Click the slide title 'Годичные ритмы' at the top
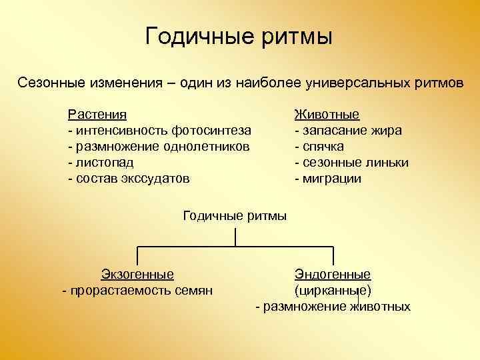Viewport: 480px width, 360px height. [239, 36]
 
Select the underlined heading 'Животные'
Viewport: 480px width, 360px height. [327, 114]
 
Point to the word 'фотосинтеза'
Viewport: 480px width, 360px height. [211, 130]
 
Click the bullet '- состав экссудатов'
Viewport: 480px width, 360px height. [129, 178]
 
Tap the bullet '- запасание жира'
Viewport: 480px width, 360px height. [348, 130]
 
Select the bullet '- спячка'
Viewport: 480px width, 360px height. [319, 146]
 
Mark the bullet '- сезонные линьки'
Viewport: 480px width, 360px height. [351, 162]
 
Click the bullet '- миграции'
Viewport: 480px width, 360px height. [327, 178]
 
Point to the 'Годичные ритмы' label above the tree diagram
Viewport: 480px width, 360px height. [235, 215]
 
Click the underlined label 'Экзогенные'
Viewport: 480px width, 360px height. [137, 274]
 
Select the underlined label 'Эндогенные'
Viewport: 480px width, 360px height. [333, 274]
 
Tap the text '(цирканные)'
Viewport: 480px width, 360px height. [333, 291]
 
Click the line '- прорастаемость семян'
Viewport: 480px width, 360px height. [137, 290]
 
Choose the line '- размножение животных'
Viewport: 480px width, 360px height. [333, 307]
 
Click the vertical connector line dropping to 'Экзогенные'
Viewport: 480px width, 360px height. [137, 256]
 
